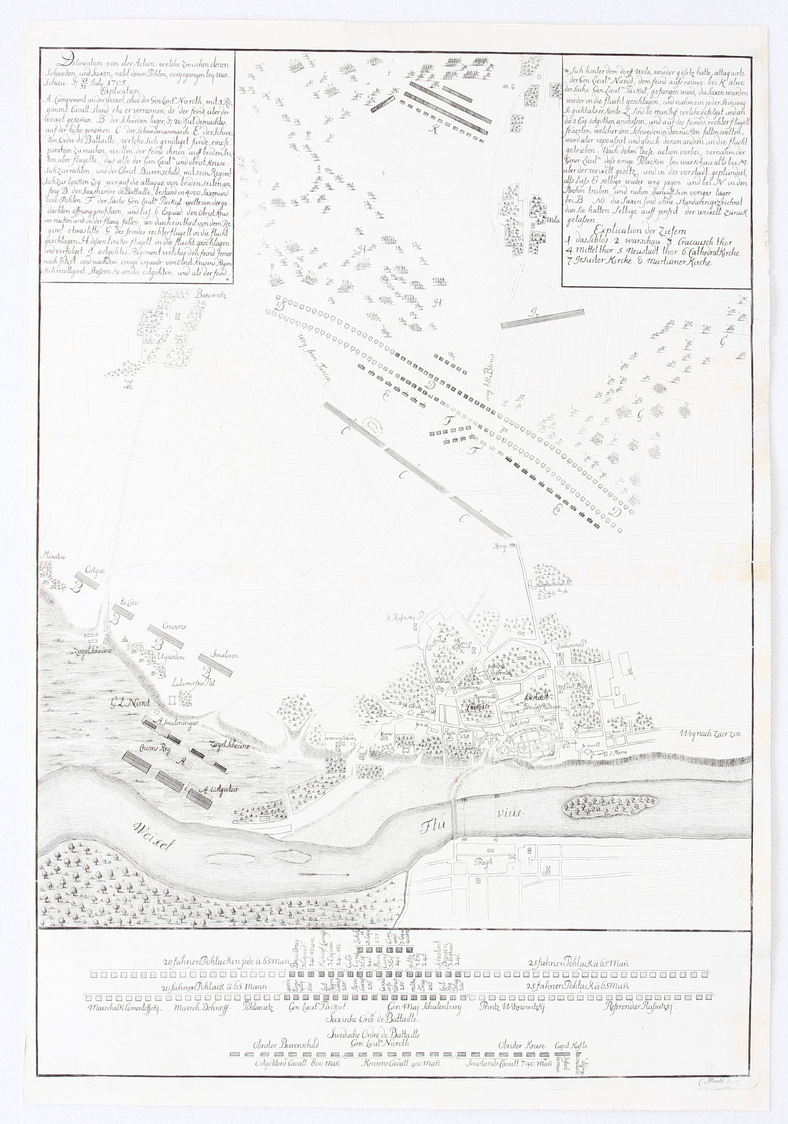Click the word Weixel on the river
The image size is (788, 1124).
click(x=153, y=836)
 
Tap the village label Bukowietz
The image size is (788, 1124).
click(x=209, y=294)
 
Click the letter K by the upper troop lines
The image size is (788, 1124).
click(x=433, y=129)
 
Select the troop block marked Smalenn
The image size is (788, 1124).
click(x=218, y=661)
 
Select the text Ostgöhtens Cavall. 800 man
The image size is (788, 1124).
click(x=298, y=1063)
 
